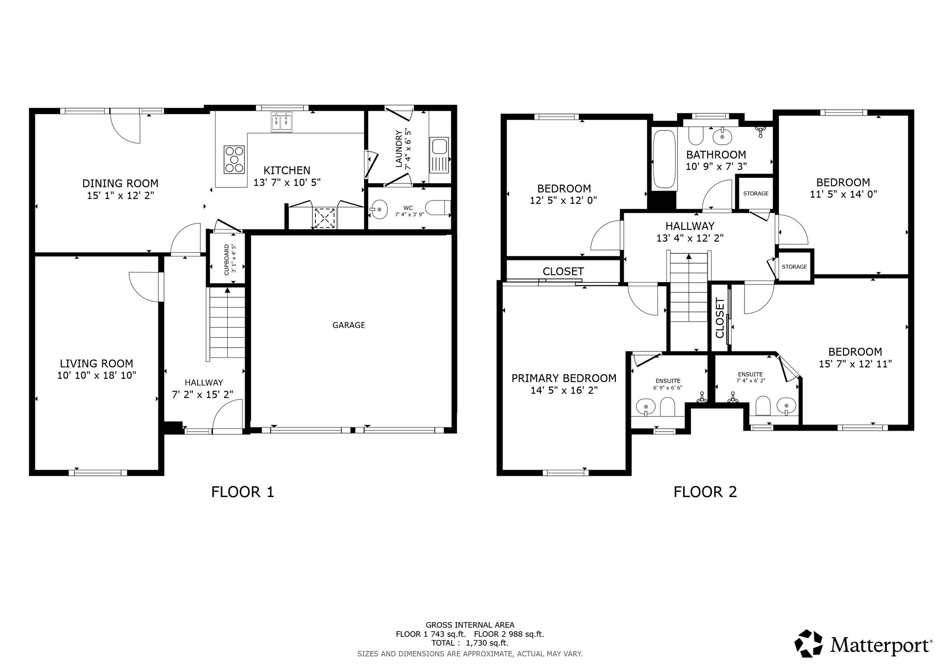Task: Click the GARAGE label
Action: click(348, 325)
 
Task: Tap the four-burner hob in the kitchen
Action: click(234, 159)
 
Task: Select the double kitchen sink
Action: click(281, 122)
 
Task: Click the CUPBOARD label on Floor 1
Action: click(227, 259)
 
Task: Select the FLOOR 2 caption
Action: click(705, 492)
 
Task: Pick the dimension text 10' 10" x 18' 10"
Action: click(97, 375)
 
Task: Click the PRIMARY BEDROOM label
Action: click(564, 378)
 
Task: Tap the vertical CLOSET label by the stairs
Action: click(720, 318)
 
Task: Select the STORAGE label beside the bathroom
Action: click(756, 193)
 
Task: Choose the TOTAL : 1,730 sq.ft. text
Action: click(470, 643)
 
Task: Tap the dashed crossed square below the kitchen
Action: click(324, 217)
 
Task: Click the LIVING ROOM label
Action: click(96, 364)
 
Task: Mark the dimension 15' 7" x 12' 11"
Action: click(855, 364)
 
